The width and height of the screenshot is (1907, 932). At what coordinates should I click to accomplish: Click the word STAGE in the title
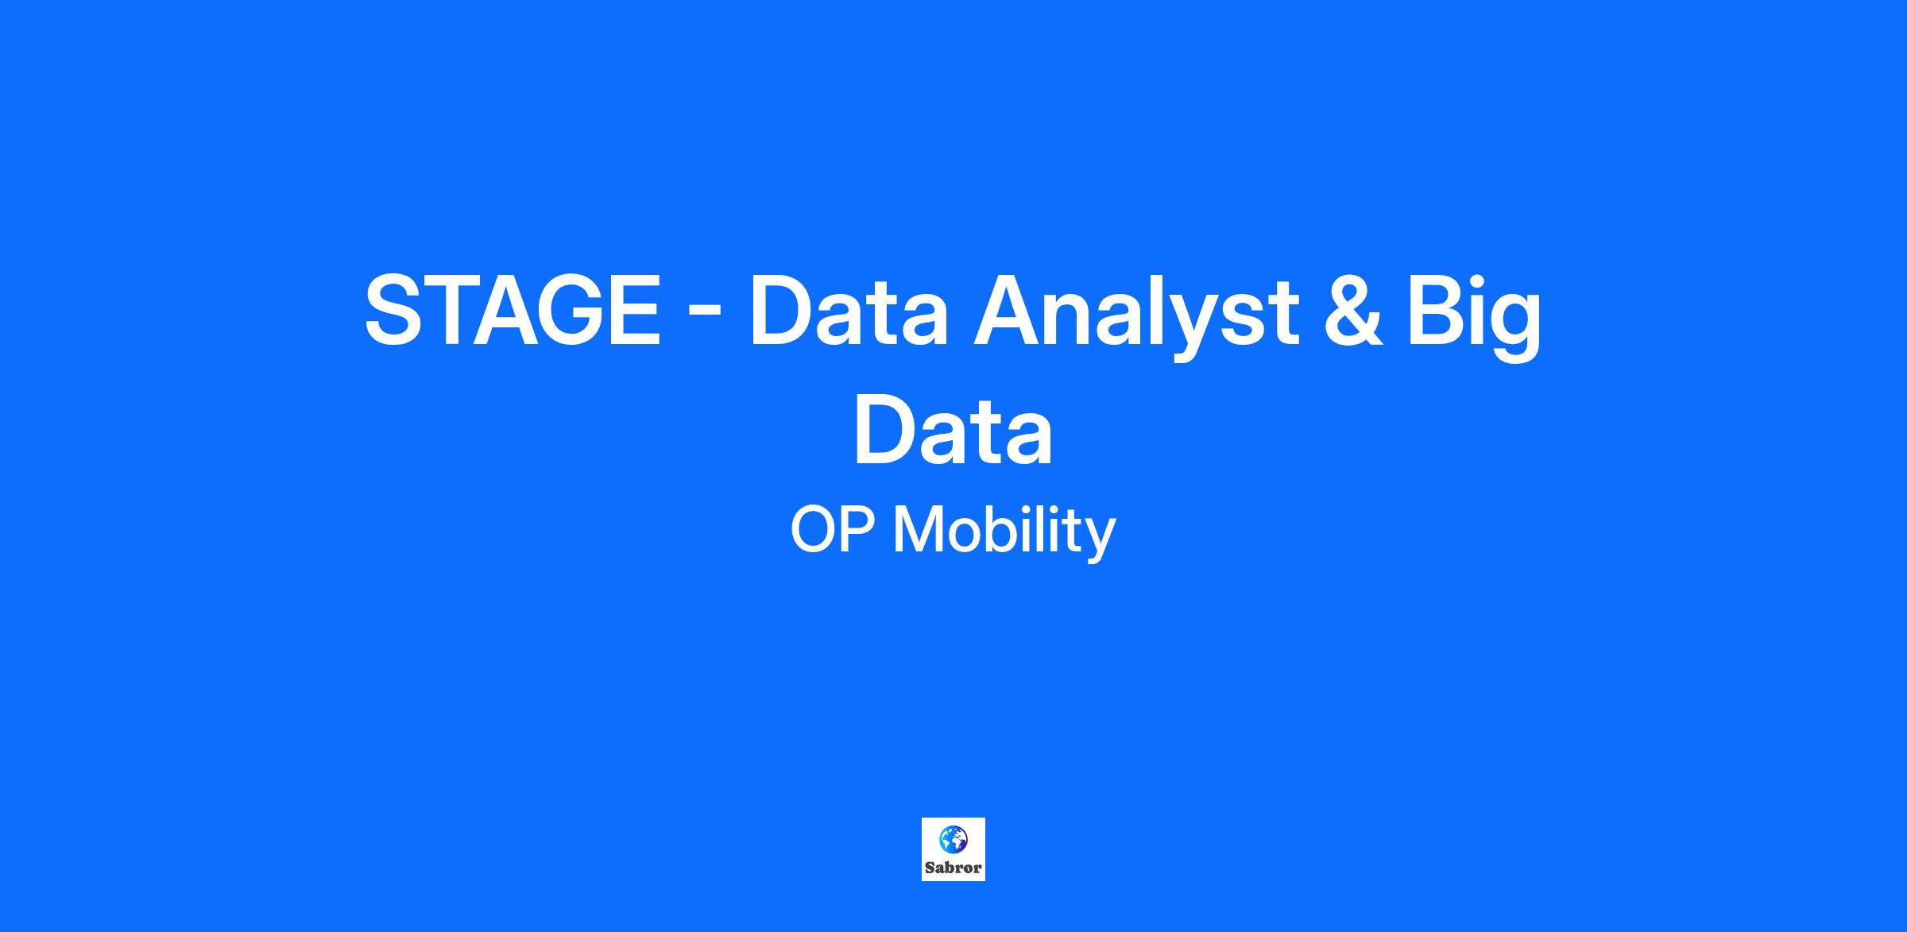point(513,310)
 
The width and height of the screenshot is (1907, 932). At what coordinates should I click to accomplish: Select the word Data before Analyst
point(849,310)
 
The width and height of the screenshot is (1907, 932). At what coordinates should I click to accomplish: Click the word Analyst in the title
point(1136,315)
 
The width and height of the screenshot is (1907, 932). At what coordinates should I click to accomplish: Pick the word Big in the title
point(1475,315)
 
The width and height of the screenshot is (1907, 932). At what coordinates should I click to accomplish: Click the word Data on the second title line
point(953,430)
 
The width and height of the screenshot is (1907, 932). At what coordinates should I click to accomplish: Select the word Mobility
point(1004,532)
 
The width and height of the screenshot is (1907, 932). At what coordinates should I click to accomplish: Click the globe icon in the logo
point(953,839)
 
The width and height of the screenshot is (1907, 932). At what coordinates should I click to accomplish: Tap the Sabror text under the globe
point(953,868)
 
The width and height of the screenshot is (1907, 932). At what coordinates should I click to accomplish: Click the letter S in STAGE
point(395,310)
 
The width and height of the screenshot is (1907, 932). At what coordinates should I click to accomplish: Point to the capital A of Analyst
point(1010,310)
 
